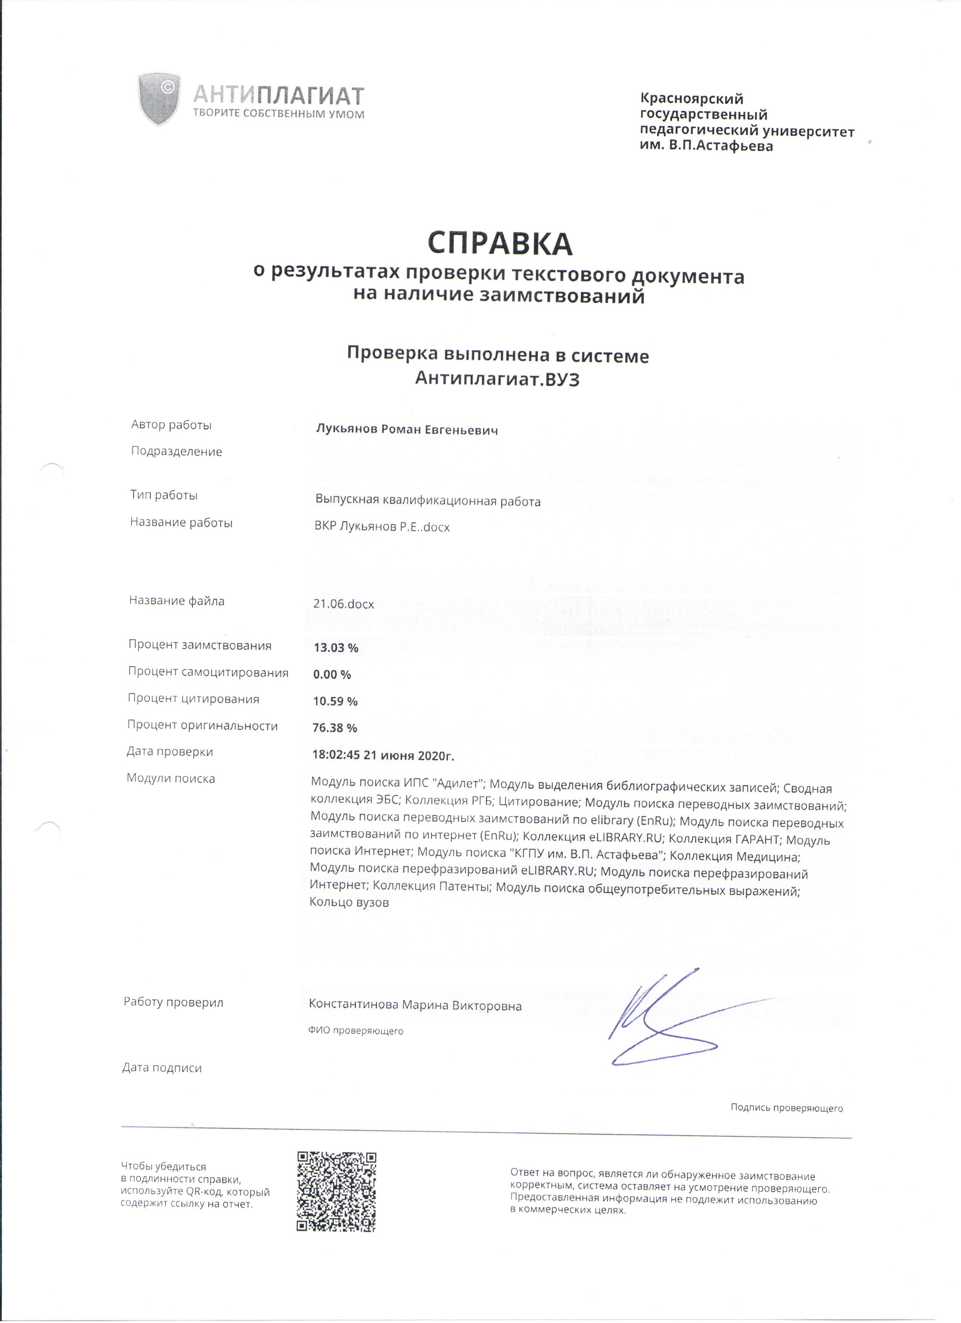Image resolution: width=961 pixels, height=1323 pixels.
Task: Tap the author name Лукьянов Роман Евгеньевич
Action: pyautogui.click(x=406, y=430)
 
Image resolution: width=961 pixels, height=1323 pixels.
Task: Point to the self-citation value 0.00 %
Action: pyautogui.click(x=332, y=674)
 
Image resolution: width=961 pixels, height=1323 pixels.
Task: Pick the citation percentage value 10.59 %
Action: pyautogui.click(x=335, y=701)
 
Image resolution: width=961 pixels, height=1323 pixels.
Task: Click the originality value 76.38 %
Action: pyautogui.click(x=335, y=728)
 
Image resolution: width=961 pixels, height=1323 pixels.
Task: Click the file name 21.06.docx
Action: pyautogui.click(x=343, y=604)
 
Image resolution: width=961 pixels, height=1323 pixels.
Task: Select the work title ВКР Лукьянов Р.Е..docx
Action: pyautogui.click(x=382, y=527)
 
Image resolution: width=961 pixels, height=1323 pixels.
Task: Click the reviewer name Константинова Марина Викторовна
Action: pyautogui.click(x=415, y=1005)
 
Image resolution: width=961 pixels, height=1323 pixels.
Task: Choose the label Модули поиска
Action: pyautogui.click(x=171, y=778)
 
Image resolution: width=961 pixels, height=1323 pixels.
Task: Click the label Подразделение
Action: pyautogui.click(x=177, y=452)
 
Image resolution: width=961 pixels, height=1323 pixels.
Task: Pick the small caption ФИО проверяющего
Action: pyautogui.click(x=356, y=1031)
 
